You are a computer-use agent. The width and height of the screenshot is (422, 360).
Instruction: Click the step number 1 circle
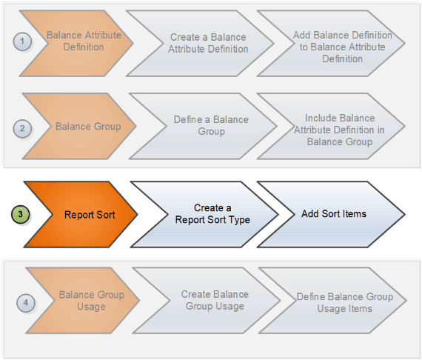tap(23, 41)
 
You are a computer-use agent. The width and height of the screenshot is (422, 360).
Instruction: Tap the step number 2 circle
tap(23, 127)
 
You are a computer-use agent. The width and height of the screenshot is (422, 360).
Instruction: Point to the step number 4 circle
tap(26, 301)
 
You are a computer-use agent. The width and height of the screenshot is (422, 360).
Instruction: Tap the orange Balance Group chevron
tap(85, 127)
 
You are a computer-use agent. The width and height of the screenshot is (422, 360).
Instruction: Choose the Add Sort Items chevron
tap(333, 214)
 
